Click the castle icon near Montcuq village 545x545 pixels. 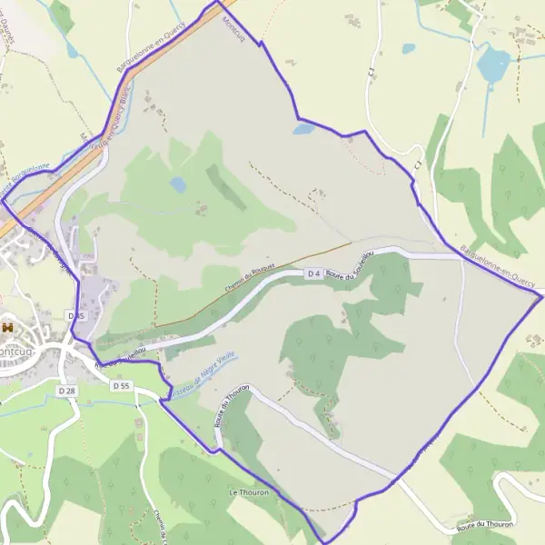(x=7, y=327)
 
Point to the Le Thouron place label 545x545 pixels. (x=246, y=491)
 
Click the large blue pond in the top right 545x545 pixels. (x=494, y=64)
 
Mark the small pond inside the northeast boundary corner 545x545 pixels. (x=302, y=130)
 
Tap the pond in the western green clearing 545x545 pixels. (x=178, y=184)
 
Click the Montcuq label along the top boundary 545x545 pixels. (x=233, y=33)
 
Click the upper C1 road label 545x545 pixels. (x=372, y=70)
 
